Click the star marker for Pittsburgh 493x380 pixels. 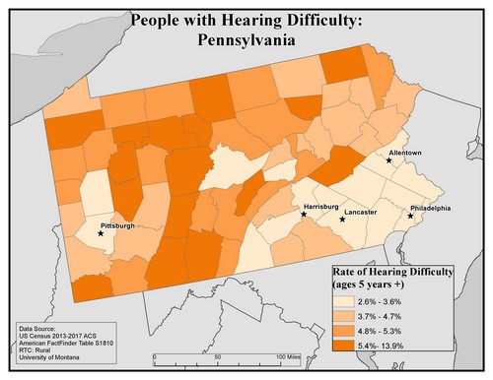click(x=101, y=234)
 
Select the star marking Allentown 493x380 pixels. click(x=389, y=161)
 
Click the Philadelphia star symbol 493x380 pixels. click(x=411, y=216)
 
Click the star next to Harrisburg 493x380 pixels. click(x=304, y=213)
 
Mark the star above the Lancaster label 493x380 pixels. click(x=342, y=219)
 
